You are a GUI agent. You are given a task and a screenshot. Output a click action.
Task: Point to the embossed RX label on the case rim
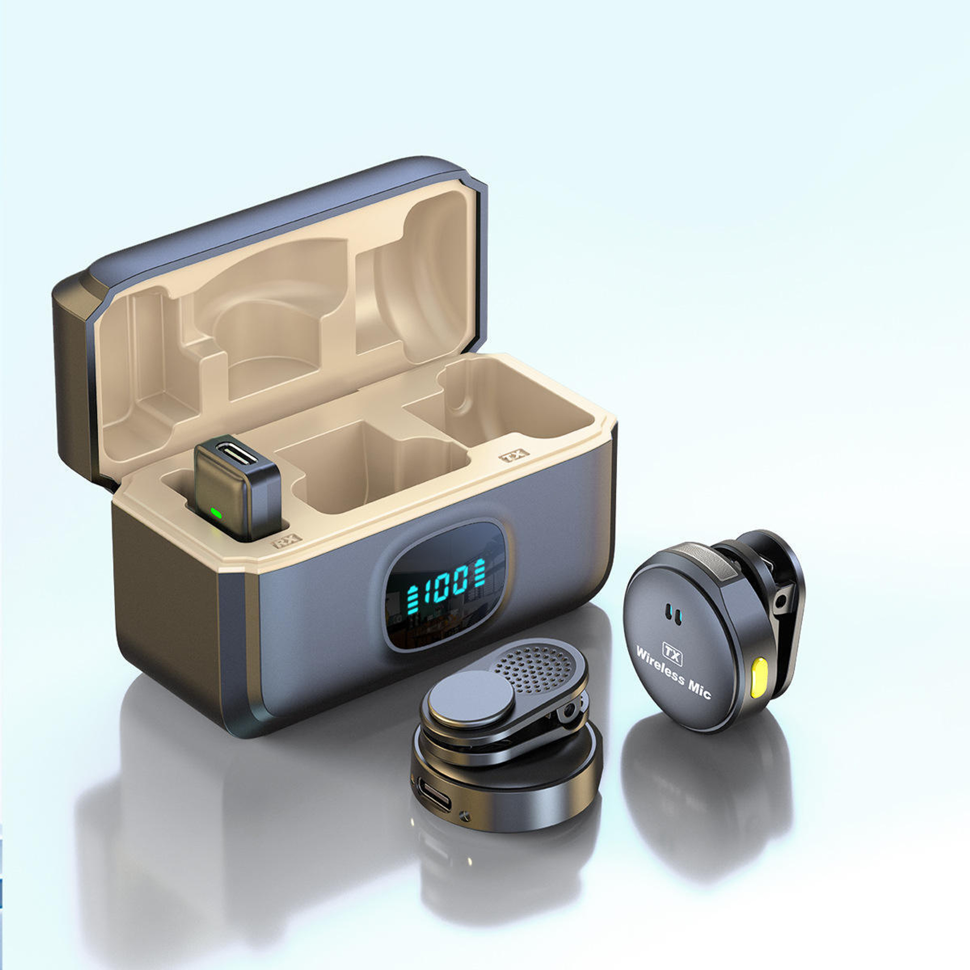coord(287,541)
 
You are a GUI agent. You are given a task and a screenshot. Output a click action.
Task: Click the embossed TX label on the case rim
coord(514,455)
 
